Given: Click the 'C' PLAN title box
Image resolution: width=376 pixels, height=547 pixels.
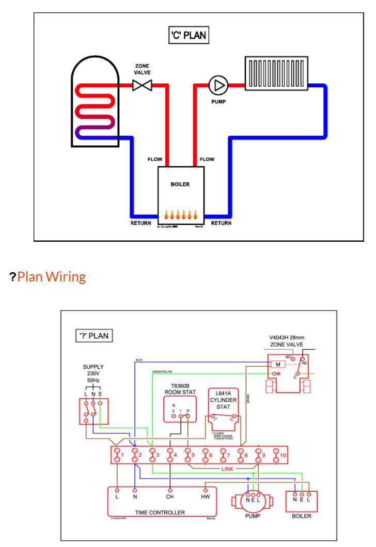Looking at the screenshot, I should pos(189,36).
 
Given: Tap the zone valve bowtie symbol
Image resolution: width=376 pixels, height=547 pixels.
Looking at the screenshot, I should pos(142,85).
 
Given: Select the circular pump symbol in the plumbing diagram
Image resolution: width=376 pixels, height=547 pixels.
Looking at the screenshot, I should pos(218,84).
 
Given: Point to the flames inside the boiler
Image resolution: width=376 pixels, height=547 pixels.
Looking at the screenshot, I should pos(181,214).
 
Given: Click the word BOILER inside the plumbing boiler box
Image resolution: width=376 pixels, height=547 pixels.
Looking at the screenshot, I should pos(180,184).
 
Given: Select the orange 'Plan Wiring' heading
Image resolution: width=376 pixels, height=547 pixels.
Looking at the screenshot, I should pos(51,277).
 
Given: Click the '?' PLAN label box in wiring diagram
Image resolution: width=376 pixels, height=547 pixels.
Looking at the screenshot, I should pos(94,335).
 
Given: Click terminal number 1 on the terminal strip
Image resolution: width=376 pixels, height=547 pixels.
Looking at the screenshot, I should pos(118,456).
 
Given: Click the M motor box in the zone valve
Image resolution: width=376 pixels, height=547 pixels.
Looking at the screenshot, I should pos(277,365).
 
